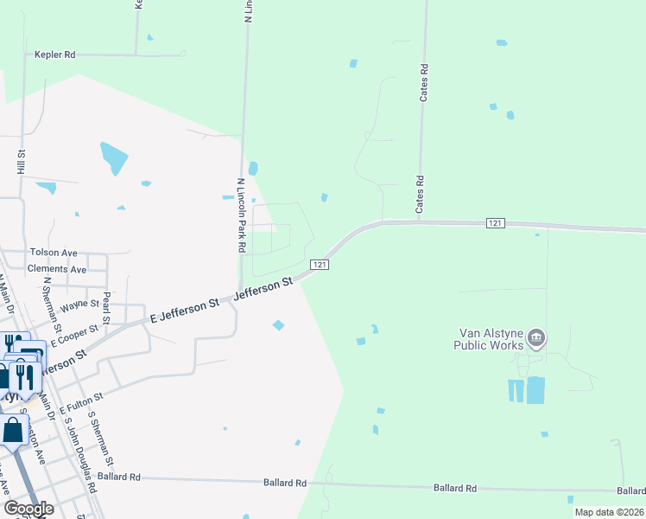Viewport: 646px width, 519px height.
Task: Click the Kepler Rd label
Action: (x=55, y=54)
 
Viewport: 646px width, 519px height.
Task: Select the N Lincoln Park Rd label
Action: (x=241, y=216)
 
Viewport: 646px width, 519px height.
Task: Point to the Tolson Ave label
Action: (x=54, y=253)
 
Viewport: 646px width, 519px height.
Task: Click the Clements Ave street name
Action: (x=57, y=269)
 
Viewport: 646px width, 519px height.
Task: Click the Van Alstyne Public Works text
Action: (x=489, y=338)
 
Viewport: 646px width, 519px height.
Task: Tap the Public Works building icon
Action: (x=536, y=336)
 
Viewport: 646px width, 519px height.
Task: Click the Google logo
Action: (x=28, y=509)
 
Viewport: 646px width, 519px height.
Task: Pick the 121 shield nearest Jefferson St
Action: (x=319, y=264)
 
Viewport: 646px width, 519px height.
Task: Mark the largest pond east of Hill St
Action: (x=114, y=157)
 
